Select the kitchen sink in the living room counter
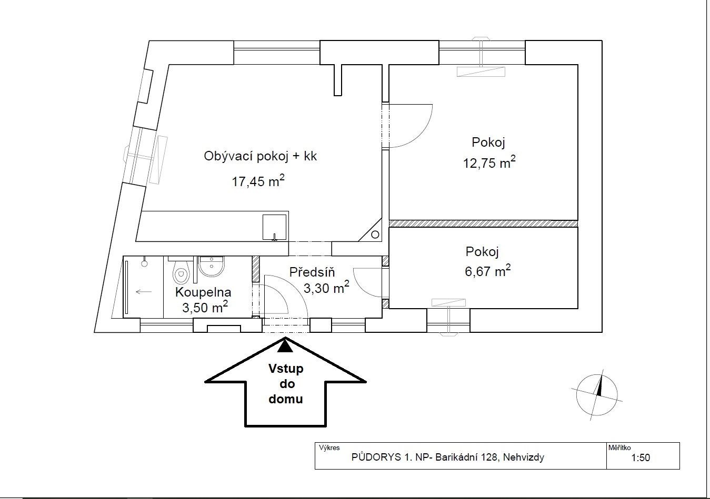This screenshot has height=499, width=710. [x=275, y=227]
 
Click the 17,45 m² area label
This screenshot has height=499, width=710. [x=258, y=181]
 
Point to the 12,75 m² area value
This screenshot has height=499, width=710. [x=489, y=162]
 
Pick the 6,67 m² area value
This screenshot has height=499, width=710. [x=488, y=271]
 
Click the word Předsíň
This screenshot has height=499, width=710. [x=312, y=272]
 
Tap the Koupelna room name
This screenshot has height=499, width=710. [x=203, y=292]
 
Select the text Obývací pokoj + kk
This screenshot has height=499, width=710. [x=260, y=156]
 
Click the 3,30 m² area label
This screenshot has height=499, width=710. [x=326, y=287]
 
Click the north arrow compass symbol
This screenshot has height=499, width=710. [x=597, y=395]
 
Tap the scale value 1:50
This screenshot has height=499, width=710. [x=641, y=458]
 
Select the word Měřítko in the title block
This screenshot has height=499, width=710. [x=619, y=447]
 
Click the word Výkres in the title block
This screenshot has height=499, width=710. [x=329, y=447]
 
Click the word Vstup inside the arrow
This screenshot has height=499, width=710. [x=286, y=369]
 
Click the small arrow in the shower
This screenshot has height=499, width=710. [x=144, y=292]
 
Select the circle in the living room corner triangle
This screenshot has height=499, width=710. [x=375, y=235]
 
